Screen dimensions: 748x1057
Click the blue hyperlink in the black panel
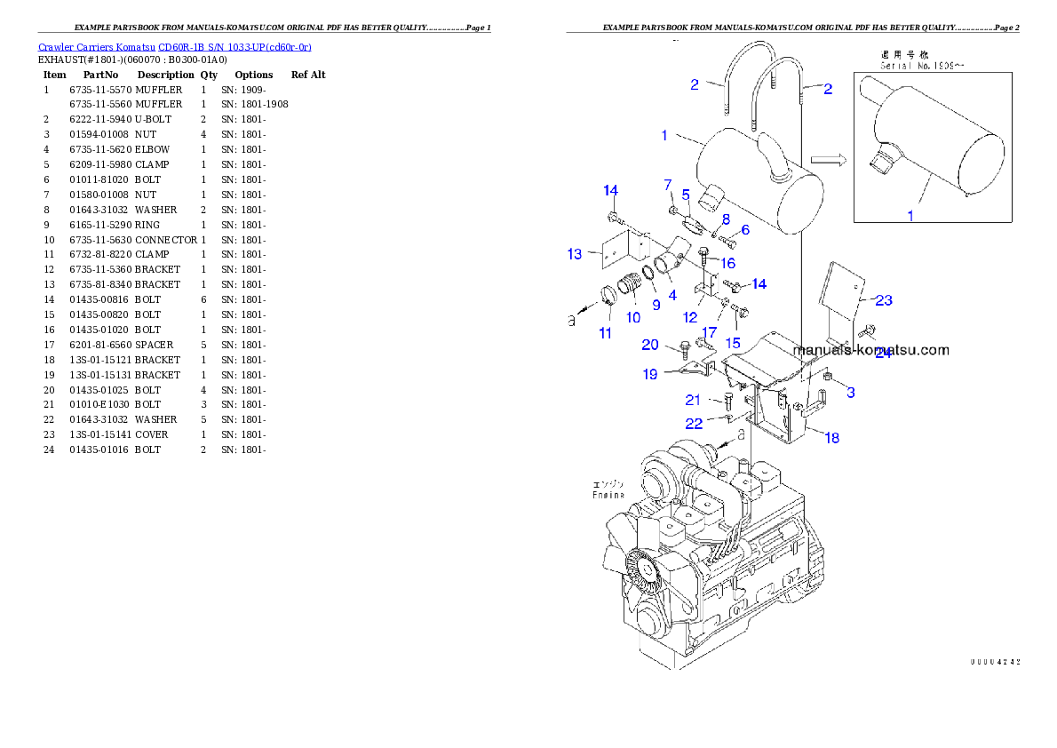[174, 47]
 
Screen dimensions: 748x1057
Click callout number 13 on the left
[575, 255]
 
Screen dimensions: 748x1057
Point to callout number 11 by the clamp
[605, 333]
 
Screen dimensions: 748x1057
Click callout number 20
[650, 345]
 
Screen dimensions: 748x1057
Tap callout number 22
[694, 424]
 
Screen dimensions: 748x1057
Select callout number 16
[727, 263]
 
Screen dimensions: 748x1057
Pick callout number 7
[668, 185]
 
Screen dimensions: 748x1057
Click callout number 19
[650, 374]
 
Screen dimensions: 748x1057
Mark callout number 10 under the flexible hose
[633, 317]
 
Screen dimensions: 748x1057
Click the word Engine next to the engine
[608, 490]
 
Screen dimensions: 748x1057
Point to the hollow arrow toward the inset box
[828, 160]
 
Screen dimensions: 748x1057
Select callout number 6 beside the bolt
[744, 230]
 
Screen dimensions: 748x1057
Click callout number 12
[690, 317]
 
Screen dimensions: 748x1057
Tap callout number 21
[693, 401]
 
